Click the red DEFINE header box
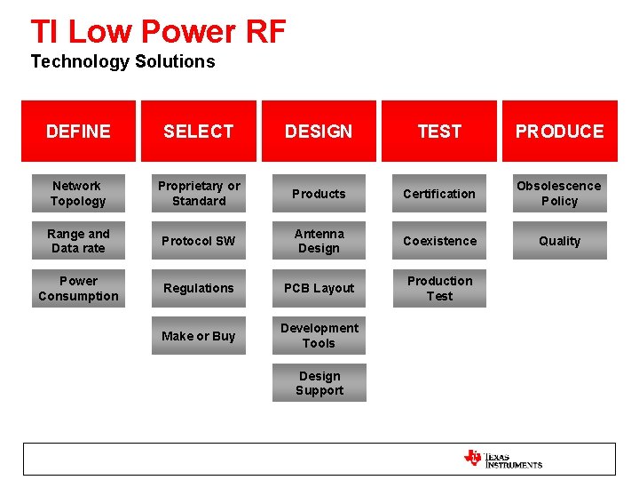click(78, 132)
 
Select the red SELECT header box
click(199, 132)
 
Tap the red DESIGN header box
click(319, 132)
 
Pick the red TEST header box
click(439, 132)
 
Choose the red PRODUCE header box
click(559, 132)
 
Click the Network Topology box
click(77, 194)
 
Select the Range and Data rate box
click(77, 241)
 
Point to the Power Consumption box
click(77, 289)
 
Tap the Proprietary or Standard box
click(199, 194)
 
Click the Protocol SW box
click(199, 241)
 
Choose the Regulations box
click(199, 289)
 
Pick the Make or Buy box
click(199, 336)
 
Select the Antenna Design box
click(319, 241)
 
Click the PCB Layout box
click(319, 289)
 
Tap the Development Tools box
click(319, 336)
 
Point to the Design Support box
click(319, 384)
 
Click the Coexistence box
click(439, 241)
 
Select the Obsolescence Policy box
click(559, 194)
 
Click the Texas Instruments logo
click(502, 459)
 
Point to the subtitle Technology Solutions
click(122, 61)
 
